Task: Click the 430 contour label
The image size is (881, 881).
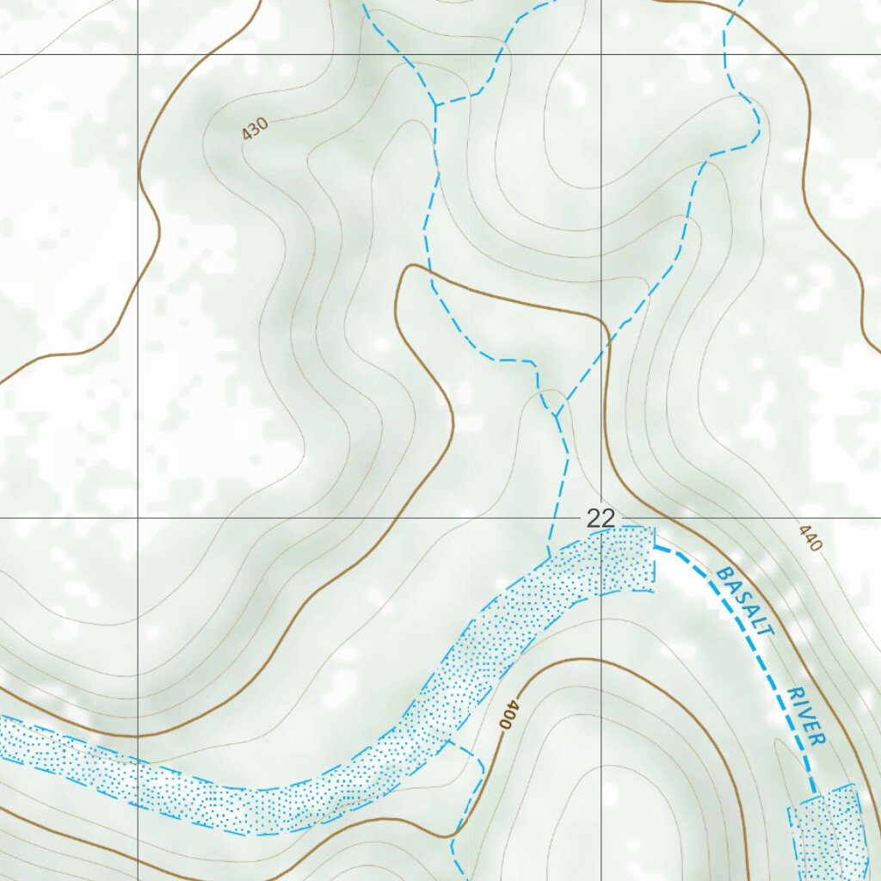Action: pos(256,129)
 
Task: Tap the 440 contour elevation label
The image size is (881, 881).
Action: pos(810,539)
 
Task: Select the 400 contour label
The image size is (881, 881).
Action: pos(509,715)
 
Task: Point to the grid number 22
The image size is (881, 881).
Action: pos(601,519)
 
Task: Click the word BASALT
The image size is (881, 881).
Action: pos(746,601)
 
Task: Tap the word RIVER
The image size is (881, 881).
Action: pos(806,716)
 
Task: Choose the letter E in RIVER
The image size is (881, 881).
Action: pos(813,727)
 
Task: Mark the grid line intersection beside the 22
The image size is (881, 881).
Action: pos(601,518)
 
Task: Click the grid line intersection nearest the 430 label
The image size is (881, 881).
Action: pos(139,54)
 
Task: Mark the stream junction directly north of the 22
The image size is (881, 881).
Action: pos(557,416)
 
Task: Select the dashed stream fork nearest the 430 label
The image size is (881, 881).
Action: pos(436,105)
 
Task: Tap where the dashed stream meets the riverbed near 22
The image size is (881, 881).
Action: pos(548,558)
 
